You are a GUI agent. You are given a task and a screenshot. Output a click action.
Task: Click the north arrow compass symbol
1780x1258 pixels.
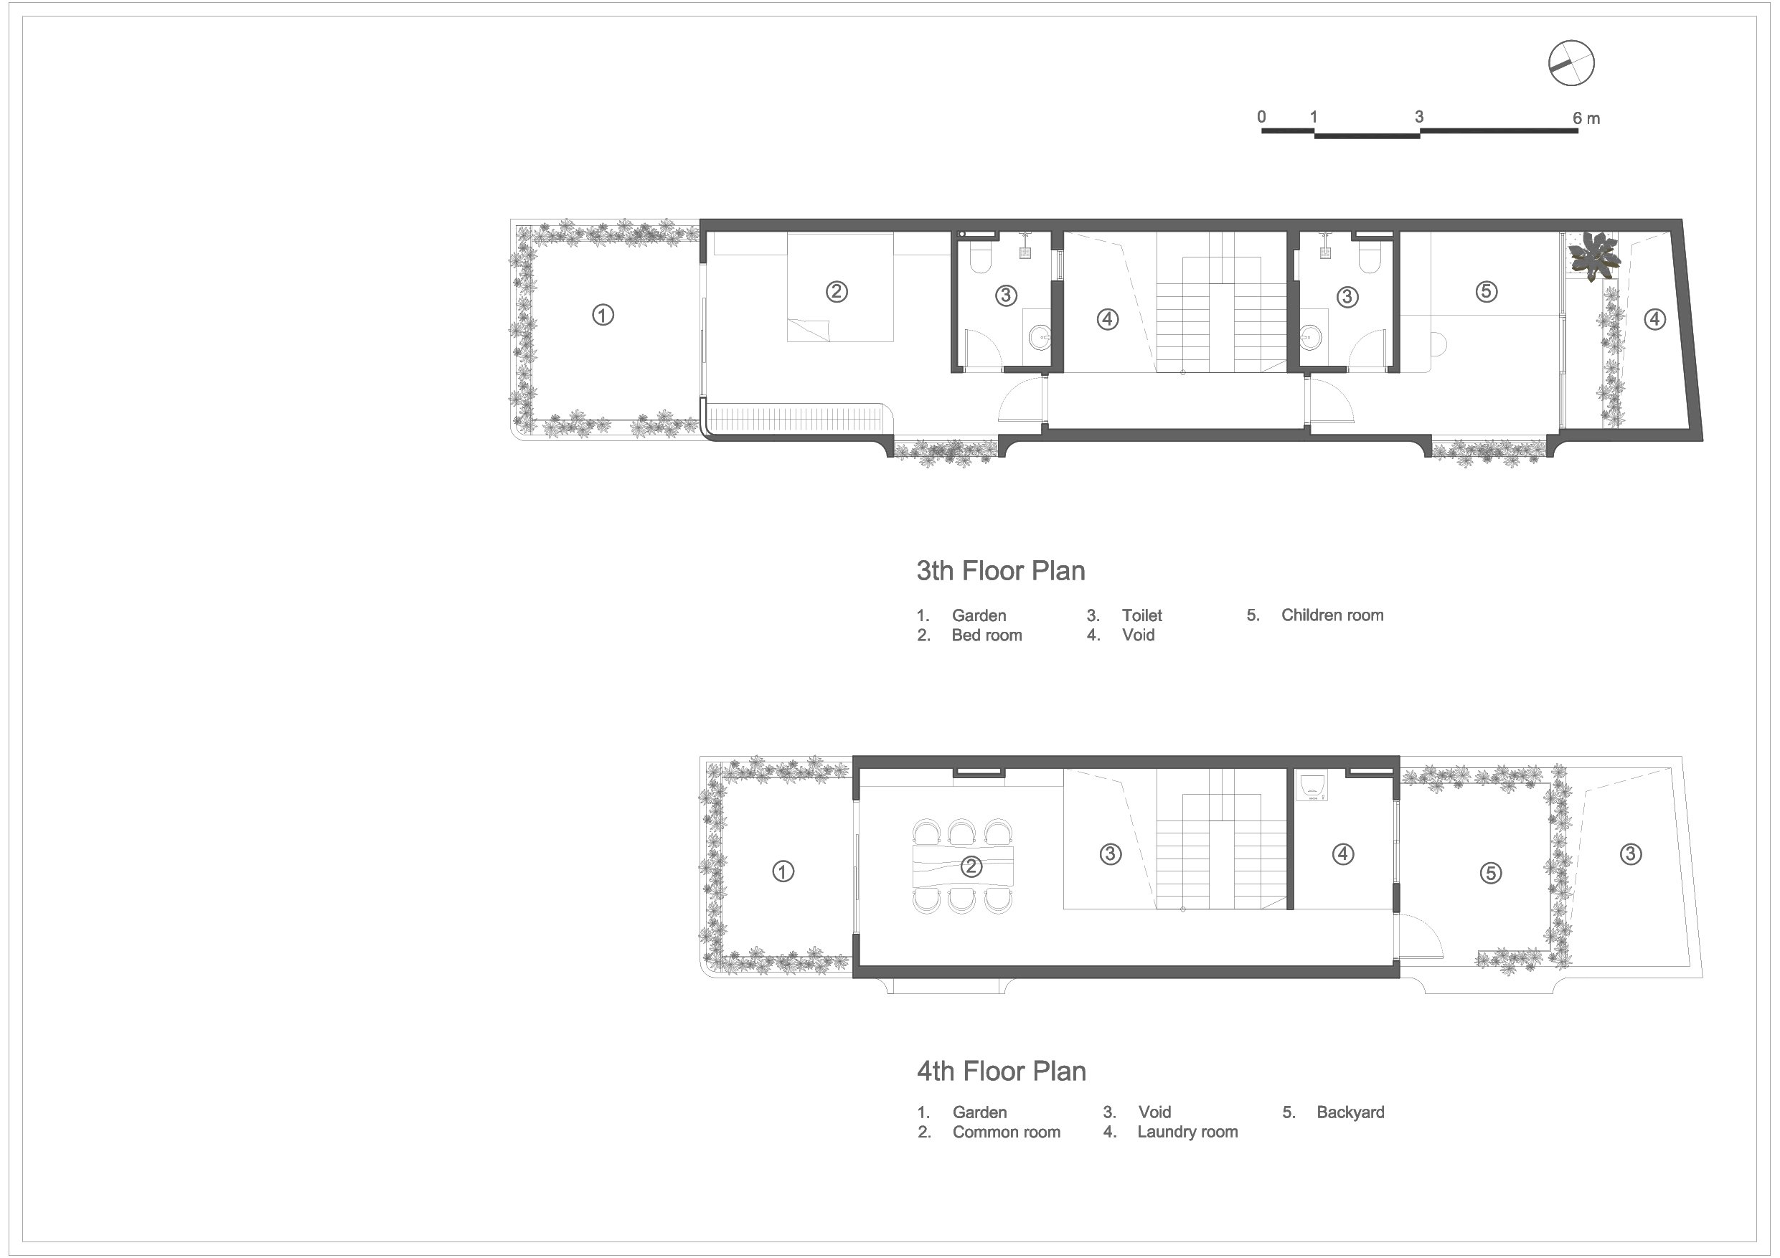pos(1571,64)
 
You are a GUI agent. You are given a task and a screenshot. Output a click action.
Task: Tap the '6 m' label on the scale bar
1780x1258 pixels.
pos(1586,118)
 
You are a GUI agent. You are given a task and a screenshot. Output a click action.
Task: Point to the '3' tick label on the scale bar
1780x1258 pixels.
pos(1418,117)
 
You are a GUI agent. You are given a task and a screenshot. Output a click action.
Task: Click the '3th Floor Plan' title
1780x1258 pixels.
pos(1000,571)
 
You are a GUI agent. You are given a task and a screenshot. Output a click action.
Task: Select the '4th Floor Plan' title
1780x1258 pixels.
pos(1001,1072)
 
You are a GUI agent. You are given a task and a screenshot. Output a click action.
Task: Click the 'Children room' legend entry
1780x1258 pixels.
pos(1332,615)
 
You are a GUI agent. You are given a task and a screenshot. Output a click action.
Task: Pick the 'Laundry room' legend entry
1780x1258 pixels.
pos(1187,1132)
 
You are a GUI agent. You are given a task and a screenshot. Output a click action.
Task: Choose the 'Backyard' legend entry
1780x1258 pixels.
pos(1350,1112)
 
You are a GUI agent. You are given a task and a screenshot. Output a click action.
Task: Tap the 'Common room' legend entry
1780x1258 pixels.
pos(1006,1132)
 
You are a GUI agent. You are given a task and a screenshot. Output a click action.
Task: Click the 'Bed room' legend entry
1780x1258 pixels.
pos(986,635)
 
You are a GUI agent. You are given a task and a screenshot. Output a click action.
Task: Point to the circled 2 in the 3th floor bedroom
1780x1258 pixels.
pos(837,292)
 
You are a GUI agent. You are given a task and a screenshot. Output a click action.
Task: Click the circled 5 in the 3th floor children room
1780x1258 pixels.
pos(1486,291)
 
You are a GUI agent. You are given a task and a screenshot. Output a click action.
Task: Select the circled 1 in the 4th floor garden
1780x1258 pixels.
pos(783,872)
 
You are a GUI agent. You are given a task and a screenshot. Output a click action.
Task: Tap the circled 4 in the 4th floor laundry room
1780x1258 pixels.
pos(1343,854)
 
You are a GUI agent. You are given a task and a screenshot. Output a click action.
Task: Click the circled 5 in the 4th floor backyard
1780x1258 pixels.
pos(1490,874)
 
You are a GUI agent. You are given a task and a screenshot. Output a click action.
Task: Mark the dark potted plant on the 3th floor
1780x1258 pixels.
pos(1594,256)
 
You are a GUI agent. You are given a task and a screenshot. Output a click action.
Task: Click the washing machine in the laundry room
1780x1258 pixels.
pos(1312,785)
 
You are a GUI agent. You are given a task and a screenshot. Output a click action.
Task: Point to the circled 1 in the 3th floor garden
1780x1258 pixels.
pos(603,316)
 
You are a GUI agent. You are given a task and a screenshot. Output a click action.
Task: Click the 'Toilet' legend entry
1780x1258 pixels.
pos(1141,615)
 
